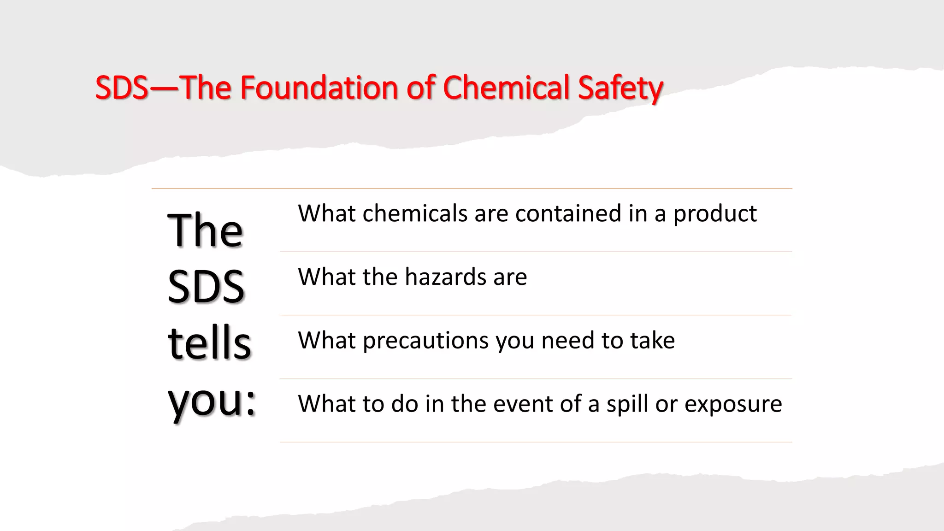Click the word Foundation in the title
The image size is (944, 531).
pyautogui.click(x=319, y=88)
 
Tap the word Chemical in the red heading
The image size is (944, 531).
pyautogui.click(x=506, y=88)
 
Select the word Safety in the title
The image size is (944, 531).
pyautogui.click(x=620, y=88)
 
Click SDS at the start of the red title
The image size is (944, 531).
pyautogui.click(x=121, y=88)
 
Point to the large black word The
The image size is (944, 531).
pyautogui.click(x=205, y=230)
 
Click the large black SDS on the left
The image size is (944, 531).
pyautogui.click(x=206, y=287)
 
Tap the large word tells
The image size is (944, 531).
pyautogui.click(x=209, y=343)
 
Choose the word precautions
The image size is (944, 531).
pyautogui.click(x=426, y=341)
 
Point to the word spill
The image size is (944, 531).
pyautogui.click(x=627, y=405)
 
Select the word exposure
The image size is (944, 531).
pyautogui.click(x=733, y=405)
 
